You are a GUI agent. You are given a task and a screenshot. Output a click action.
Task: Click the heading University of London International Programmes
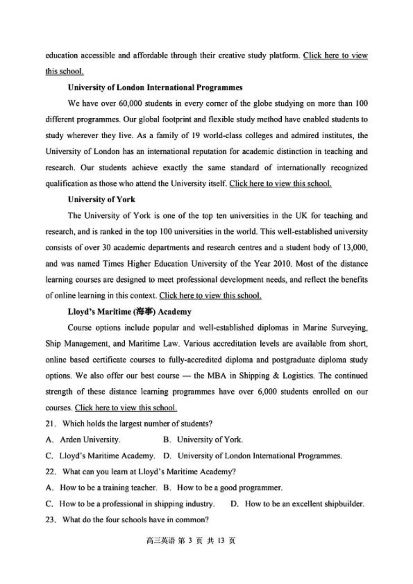pyautogui.click(x=155, y=87)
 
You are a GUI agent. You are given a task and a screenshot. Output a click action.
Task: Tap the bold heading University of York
pyautogui.click(x=101, y=200)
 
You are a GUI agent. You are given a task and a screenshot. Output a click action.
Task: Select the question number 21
pyautogui.click(x=50, y=424)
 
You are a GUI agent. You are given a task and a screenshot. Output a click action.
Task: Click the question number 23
pyautogui.click(x=50, y=520)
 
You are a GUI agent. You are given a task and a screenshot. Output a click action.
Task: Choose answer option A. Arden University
pyautogui.click(x=83, y=440)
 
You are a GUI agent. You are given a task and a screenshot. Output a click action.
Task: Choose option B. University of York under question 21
pyautogui.click(x=203, y=440)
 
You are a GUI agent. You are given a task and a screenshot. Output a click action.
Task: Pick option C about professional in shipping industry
pyautogui.click(x=130, y=504)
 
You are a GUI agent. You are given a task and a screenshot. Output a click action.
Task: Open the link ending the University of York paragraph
pyautogui.click(x=210, y=296)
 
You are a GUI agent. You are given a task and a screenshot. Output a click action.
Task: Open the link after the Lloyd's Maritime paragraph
pyautogui.click(x=126, y=408)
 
